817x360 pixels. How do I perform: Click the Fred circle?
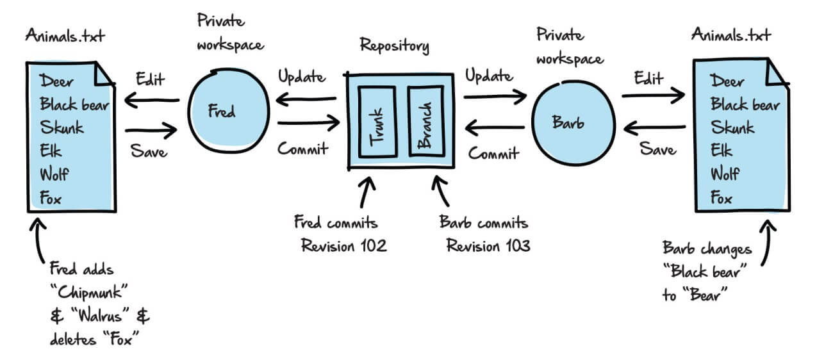coord(229,110)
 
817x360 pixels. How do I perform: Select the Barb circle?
coord(574,123)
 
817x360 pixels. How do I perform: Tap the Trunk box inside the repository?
coord(377,122)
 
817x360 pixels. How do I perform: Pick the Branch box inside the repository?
coord(425,121)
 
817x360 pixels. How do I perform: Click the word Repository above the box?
coord(394,45)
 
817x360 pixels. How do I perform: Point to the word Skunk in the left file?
coord(62,127)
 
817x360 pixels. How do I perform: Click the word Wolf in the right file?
coord(725,174)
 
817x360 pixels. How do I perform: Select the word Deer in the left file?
coord(56,81)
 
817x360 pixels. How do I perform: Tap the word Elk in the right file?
coord(722,150)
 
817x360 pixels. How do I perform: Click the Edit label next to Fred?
coord(151,79)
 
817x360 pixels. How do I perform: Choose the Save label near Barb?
coord(658,149)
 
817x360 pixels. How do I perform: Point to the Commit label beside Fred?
coord(302,149)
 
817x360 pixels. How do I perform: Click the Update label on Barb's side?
coord(489,76)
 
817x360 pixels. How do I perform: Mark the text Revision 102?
coord(343,245)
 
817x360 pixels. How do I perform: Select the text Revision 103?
coord(488,245)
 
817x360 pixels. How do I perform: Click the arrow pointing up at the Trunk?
coord(367,192)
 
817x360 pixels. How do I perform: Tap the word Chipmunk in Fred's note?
coord(89,293)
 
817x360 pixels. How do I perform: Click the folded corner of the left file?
coord(104,74)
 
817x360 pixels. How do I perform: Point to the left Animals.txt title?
coord(65,35)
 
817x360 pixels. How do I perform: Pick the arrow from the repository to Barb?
coord(495,96)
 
